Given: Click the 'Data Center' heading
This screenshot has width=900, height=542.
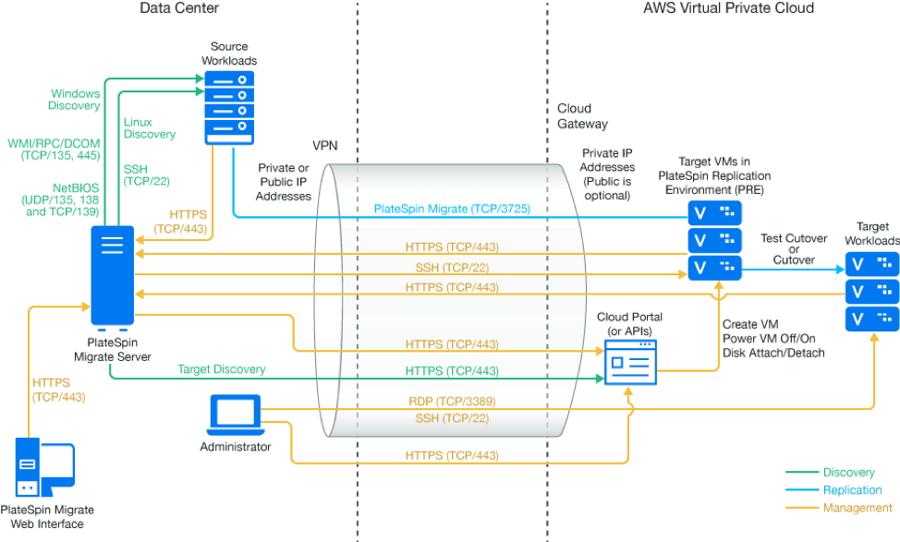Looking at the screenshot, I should pyautogui.click(x=179, y=8).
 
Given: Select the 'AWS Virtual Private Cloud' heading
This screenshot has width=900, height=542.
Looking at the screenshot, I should pyautogui.click(x=728, y=8).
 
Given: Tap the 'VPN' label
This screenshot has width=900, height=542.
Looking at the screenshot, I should pyautogui.click(x=325, y=146).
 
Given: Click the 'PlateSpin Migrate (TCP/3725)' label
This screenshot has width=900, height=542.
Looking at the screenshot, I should pyautogui.click(x=452, y=209).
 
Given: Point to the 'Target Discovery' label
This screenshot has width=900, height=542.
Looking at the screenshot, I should pyautogui.click(x=222, y=369).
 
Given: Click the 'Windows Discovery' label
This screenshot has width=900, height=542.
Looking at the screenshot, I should pyautogui.click(x=75, y=100).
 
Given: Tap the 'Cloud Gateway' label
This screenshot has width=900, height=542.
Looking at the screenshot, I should pyautogui.click(x=582, y=116).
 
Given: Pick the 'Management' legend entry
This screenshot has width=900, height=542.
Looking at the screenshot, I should pyautogui.click(x=855, y=508).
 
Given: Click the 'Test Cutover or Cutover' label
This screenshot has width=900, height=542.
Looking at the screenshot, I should pyautogui.click(x=788, y=247).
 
